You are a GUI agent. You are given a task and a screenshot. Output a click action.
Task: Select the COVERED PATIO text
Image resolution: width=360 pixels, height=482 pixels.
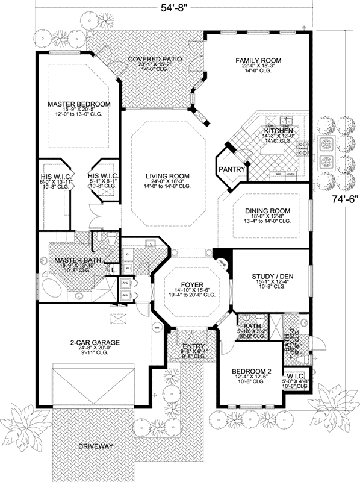coord(155,60)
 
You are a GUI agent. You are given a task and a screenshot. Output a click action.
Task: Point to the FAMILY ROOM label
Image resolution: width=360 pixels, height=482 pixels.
coord(258,60)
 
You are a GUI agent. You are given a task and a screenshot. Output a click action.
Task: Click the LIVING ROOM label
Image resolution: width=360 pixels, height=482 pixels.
coord(167,176)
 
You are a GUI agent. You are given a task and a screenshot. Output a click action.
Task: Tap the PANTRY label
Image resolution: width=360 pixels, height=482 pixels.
coord(231,169)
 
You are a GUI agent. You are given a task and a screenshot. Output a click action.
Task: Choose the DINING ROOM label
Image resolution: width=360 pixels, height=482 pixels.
coord(267,211)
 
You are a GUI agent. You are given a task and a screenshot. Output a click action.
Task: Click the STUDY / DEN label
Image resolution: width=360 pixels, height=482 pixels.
coord(272,276)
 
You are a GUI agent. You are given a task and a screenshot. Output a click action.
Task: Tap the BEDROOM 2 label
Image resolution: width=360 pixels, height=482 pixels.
coord(247,372)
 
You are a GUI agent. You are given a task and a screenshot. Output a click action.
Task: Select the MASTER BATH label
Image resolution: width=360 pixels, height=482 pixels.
coord(78,260)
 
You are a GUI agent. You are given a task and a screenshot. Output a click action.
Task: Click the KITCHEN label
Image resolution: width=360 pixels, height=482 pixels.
coord(279,131)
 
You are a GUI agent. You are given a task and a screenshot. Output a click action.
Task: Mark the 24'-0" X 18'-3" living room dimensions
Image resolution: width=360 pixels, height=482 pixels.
coord(167,183)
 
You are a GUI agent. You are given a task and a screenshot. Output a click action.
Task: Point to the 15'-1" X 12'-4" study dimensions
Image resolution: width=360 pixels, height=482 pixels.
coord(272,283)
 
